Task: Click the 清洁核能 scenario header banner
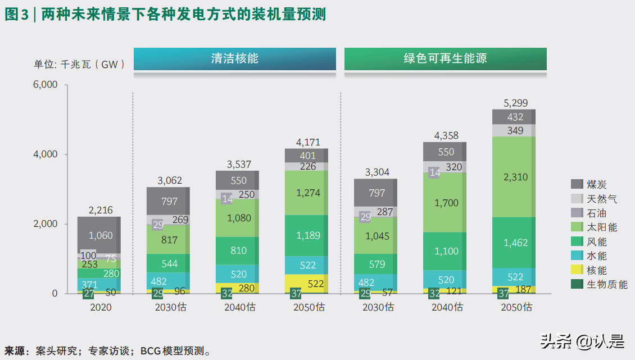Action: click(x=234, y=59)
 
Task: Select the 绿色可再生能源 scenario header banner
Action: click(x=445, y=59)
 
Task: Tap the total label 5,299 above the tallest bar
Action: click(x=514, y=103)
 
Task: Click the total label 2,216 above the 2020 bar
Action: click(x=101, y=211)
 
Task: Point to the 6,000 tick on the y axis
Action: click(x=46, y=85)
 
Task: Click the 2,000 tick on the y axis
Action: click(x=46, y=224)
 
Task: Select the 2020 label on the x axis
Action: click(x=101, y=308)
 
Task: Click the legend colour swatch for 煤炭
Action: click(x=577, y=184)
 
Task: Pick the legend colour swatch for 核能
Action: click(x=577, y=270)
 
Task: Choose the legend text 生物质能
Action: click(x=607, y=284)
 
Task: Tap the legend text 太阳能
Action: click(x=602, y=227)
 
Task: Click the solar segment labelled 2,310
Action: click(x=514, y=177)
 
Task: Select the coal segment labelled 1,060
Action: click(x=101, y=235)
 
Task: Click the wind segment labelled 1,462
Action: click(x=514, y=243)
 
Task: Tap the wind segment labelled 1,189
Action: click(x=307, y=235)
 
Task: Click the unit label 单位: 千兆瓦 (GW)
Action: click(x=79, y=65)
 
